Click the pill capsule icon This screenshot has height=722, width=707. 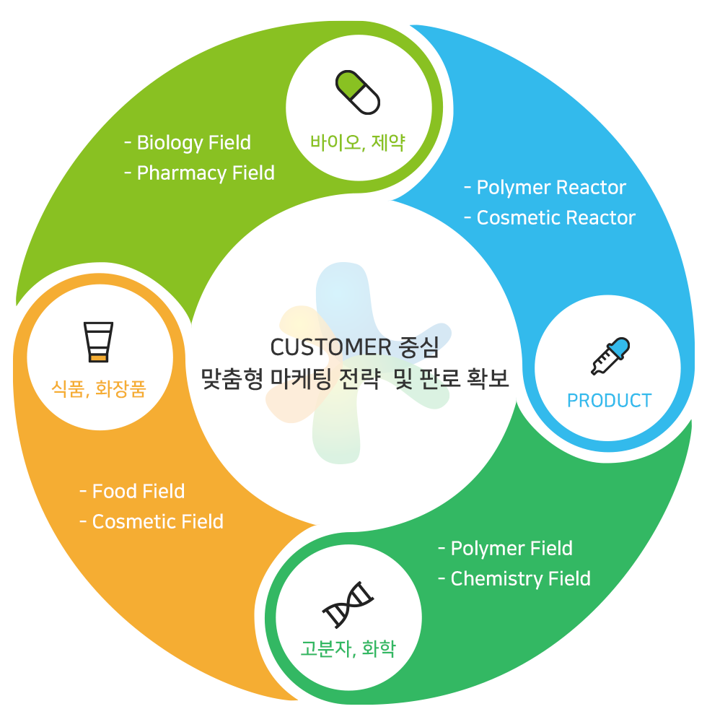[358, 92]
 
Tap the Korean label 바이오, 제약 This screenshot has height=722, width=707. [358, 142]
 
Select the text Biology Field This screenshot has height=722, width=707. [193, 142]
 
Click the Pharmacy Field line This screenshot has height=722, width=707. [206, 173]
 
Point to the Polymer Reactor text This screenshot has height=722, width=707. [551, 188]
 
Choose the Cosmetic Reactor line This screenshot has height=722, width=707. [555, 218]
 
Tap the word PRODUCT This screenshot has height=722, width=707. [609, 401]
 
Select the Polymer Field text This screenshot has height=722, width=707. [511, 549]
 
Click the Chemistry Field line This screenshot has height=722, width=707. [520, 579]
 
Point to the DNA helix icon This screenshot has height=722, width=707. [348, 605]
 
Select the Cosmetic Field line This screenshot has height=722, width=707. [157, 522]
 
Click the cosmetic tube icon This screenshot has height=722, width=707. [99, 342]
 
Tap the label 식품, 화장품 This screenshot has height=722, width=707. [99, 389]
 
